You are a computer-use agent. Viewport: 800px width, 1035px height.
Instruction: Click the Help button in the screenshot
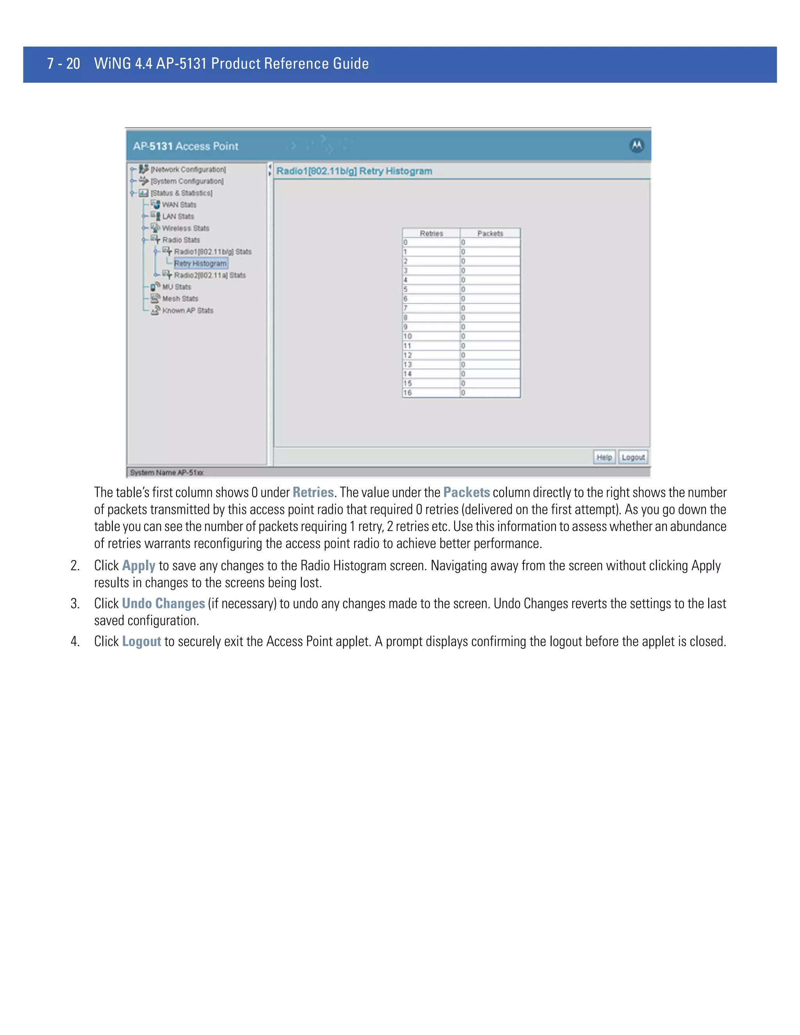[604, 457]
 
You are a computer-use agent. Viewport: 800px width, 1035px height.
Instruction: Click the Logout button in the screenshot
[633, 457]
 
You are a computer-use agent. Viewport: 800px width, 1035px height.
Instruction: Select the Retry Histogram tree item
[200, 264]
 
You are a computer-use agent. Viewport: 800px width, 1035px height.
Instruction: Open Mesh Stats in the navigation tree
[180, 298]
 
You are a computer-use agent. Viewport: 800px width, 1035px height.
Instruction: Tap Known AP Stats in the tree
[187, 310]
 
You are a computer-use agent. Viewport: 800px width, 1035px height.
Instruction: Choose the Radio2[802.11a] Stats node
[209, 275]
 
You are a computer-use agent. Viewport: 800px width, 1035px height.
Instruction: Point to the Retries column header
[431, 233]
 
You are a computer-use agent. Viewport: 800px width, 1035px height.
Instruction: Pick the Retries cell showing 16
[430, 393]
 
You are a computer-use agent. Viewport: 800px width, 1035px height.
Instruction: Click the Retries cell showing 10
[430, 336]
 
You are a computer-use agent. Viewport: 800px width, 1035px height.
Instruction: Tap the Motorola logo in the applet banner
[636, 146]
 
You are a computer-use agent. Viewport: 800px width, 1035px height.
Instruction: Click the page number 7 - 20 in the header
[64, 64]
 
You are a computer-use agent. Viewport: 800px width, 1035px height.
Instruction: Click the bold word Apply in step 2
[138, 566]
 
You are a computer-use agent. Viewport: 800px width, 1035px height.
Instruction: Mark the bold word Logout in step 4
[141, 642]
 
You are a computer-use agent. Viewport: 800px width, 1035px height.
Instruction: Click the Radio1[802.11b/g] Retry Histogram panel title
[354, 171]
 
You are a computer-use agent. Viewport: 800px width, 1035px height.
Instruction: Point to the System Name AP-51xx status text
[166, 473]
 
